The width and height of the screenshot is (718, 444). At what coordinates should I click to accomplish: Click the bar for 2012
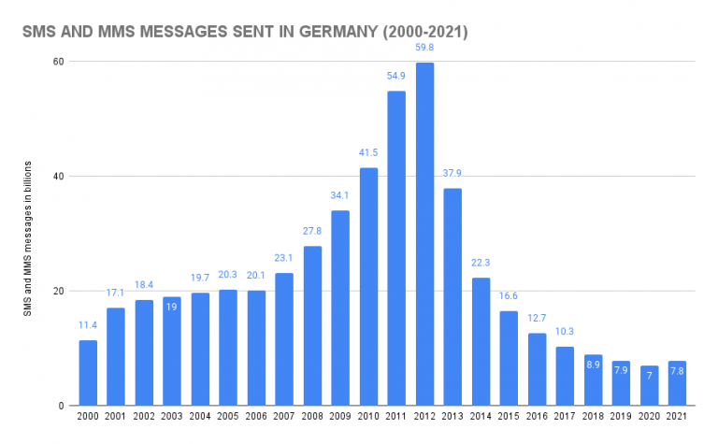[424, 234]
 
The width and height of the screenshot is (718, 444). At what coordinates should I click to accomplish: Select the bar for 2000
[88, 373]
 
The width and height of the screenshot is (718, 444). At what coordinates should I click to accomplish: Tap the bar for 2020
[649, 385]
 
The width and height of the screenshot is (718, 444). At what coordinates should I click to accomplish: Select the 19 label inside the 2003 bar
[172, 306]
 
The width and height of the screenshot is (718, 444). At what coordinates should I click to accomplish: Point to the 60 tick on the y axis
[57, 62]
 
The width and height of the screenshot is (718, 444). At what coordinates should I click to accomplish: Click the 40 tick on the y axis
[57, 177]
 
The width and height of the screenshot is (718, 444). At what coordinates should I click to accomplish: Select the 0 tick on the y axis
[60, 406]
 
